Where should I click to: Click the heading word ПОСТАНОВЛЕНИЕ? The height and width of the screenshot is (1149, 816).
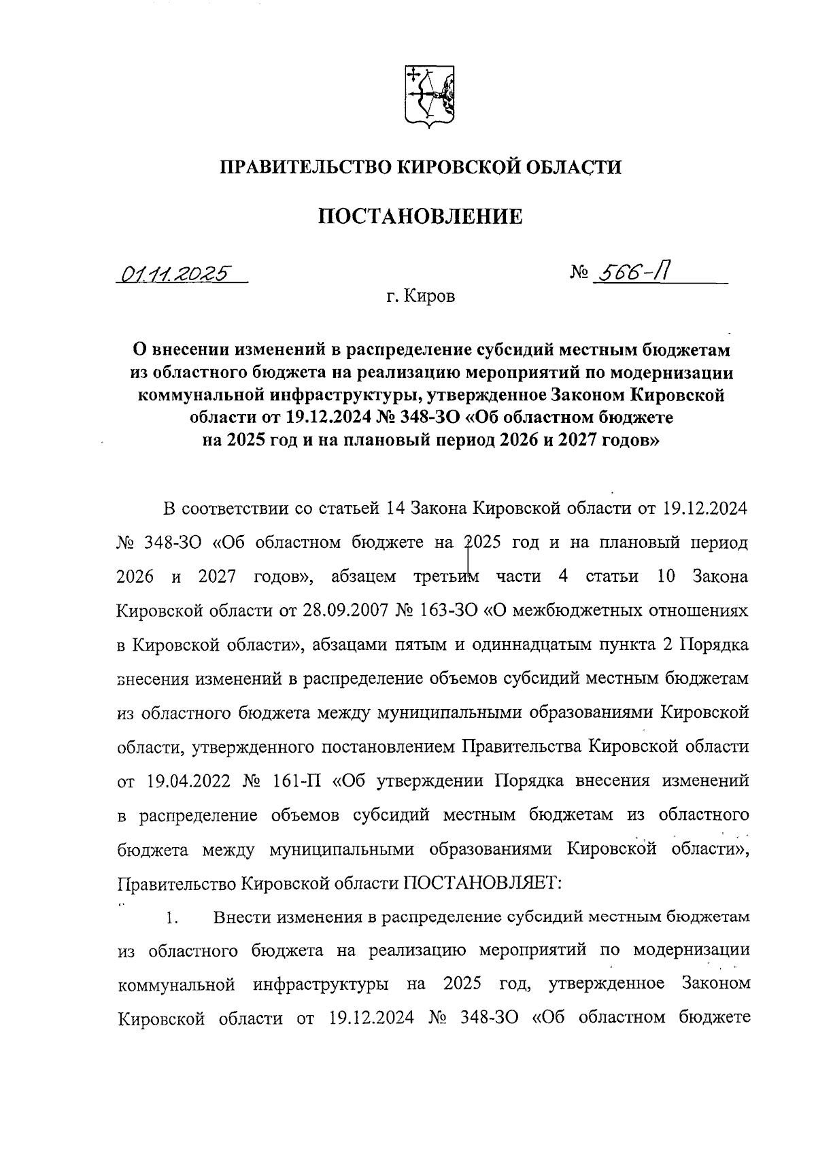coord(422,217)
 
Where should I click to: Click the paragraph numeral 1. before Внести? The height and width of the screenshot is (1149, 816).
coord(171,918)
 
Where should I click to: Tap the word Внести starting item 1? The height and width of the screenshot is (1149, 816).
coord(241,917)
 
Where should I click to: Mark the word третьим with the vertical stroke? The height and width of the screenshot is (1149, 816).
coord(446,577)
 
